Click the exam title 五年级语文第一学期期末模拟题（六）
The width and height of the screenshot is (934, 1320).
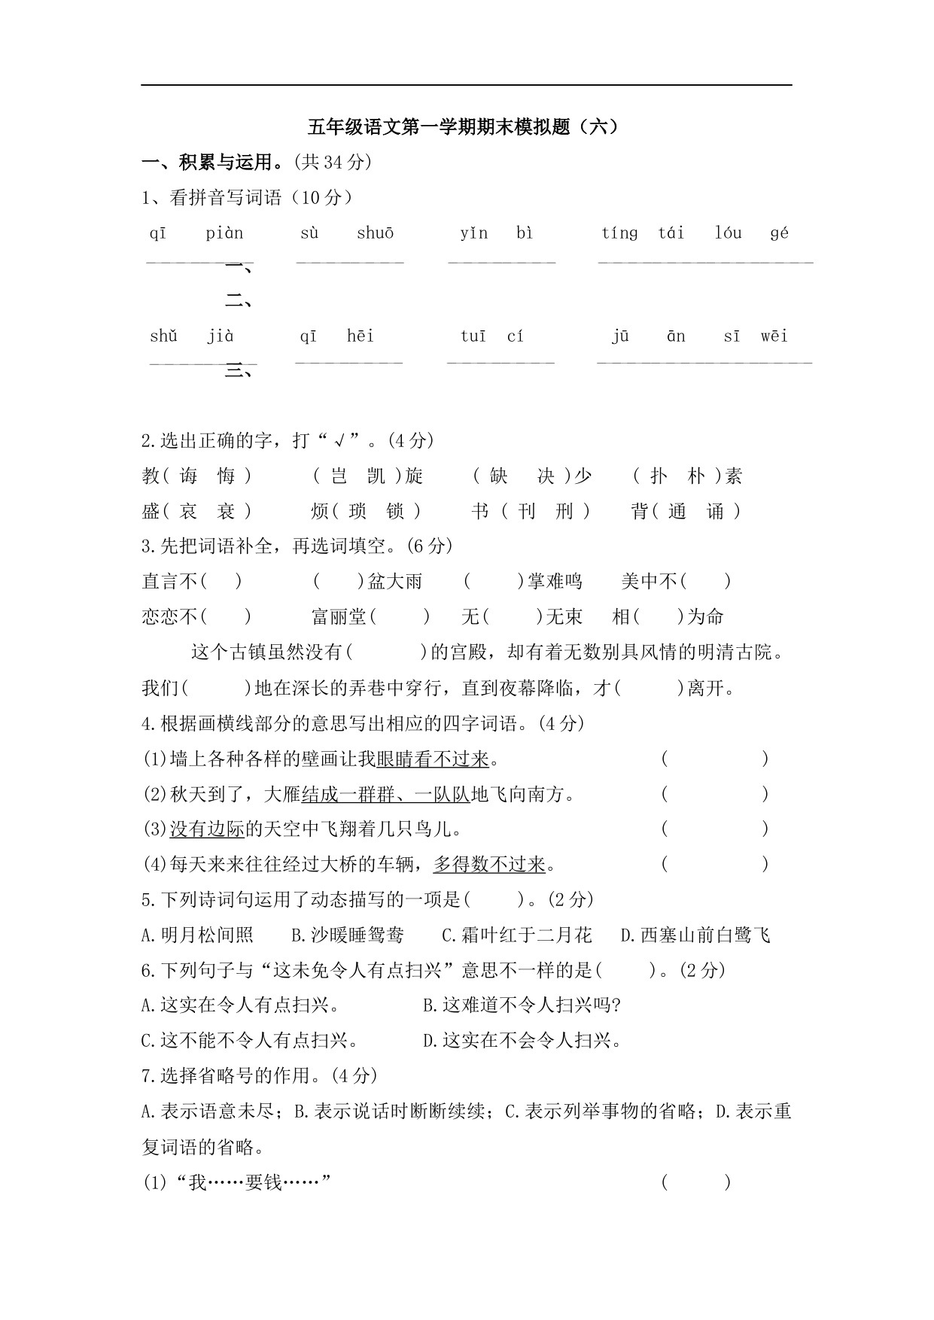467,126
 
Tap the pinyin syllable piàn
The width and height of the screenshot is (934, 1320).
224,233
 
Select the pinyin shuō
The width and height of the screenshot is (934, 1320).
375,233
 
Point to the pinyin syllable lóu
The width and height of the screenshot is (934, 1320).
728,233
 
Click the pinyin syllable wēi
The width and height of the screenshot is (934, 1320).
774,336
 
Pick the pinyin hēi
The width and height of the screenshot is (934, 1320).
361,336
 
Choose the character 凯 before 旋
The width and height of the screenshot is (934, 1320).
376,476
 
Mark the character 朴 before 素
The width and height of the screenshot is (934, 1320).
697,476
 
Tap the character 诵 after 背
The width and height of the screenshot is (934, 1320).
715,512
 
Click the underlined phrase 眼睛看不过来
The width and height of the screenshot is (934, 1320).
433,759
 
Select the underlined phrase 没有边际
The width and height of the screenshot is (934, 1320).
207,829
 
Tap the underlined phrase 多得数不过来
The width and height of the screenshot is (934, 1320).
489,865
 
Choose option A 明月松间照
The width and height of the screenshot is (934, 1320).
198,935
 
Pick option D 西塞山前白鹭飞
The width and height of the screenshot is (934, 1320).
695,935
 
